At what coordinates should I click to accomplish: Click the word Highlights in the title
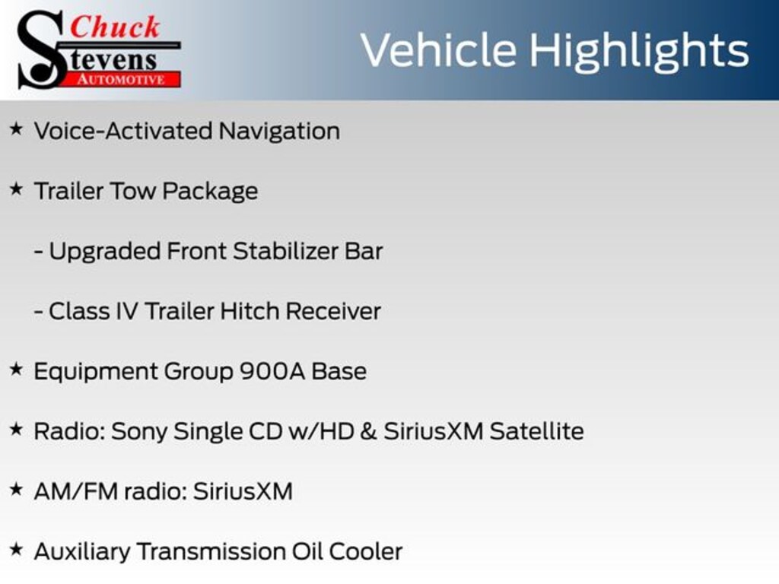click(x=639, y=50)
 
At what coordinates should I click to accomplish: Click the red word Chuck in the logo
click(x=116, y=27)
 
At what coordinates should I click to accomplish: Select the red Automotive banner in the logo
click(x=126, y=79)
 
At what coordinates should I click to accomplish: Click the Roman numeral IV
click(x=126, y=311)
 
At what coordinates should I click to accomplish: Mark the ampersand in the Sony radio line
click(x=369, y=431)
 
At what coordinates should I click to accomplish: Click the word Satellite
click(x=536, y=431)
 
